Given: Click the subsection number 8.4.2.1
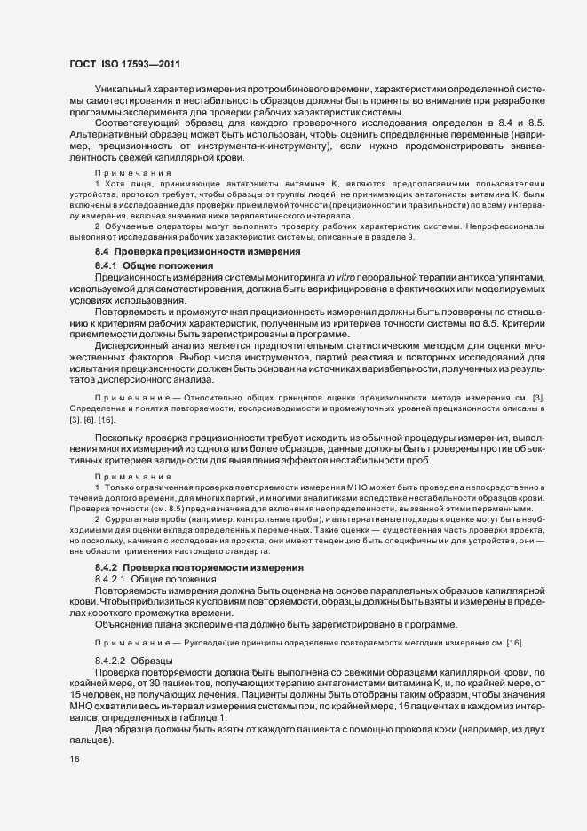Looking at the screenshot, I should click(x=111, y=578).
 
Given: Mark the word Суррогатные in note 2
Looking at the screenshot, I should click(x=133, y=519).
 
